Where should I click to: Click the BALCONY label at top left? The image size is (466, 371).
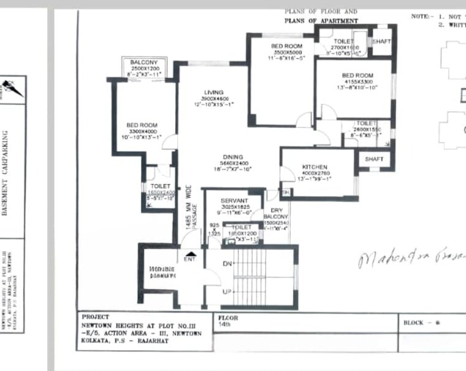pyautogui.click(x=144, y=63)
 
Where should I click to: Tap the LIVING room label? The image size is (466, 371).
pyautogui.click(x=214, y=93)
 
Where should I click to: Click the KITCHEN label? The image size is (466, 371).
pyautogui.click(x=315, y=167)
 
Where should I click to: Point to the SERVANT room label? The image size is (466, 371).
pyautogui.click(x=234, y=201)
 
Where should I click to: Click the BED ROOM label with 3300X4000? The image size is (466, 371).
pyautogui.click(x=142, y=125)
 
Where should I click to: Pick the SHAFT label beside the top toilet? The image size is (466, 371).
pyautogui.click(x=381, y=41)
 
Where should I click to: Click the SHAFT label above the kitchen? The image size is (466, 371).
pyautogui.click(x=374, y=159)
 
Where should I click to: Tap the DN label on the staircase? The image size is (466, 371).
pyautogui.click(x=227, y=264)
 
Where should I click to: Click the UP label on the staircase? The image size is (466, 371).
pyautogui.click(x=227, y=291)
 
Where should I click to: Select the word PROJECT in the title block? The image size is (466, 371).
pyautogui.click(x=95, y=318)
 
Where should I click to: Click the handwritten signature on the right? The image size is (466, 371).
pyautogui.click(x=411, y=258)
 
